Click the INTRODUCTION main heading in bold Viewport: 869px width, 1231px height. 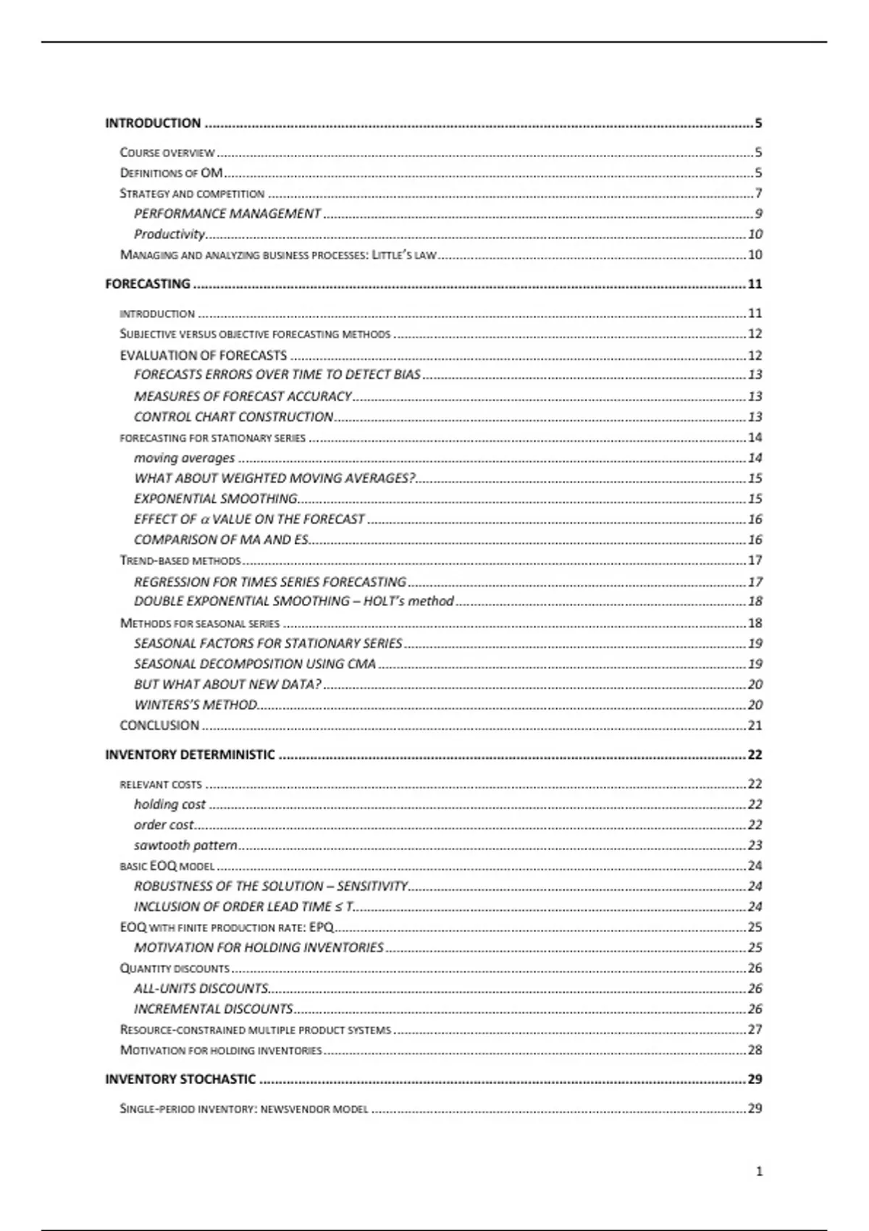tap(153, 123)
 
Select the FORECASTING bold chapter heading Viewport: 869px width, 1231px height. tap(148, 284)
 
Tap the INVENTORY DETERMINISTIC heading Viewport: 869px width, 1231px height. tap(190, 755)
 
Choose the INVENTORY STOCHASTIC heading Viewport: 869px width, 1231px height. tap(180, 1079)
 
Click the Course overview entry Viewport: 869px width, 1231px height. tap(167, 153)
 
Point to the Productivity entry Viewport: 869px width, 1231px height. tap(169, 234)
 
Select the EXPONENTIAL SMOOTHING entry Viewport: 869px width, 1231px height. tap(215, 498)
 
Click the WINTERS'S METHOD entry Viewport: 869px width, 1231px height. tap(196, 705)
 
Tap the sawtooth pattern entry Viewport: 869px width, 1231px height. tap(185, 845)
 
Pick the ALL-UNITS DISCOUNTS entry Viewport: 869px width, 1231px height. tap(201, 988)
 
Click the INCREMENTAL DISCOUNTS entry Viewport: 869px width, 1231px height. tap(213, 1009)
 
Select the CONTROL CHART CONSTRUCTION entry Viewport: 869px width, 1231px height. tap(233, 416)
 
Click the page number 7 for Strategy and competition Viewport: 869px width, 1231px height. tap(758, 193)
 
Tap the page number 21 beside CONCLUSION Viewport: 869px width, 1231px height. tap(755, 725)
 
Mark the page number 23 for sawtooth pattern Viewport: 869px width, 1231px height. tap(755, 845)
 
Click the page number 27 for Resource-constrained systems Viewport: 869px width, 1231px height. tap(755, 1029)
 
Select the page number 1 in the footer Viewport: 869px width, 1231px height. tap(759, 1172)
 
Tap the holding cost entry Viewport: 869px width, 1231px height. tap(169, 804)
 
